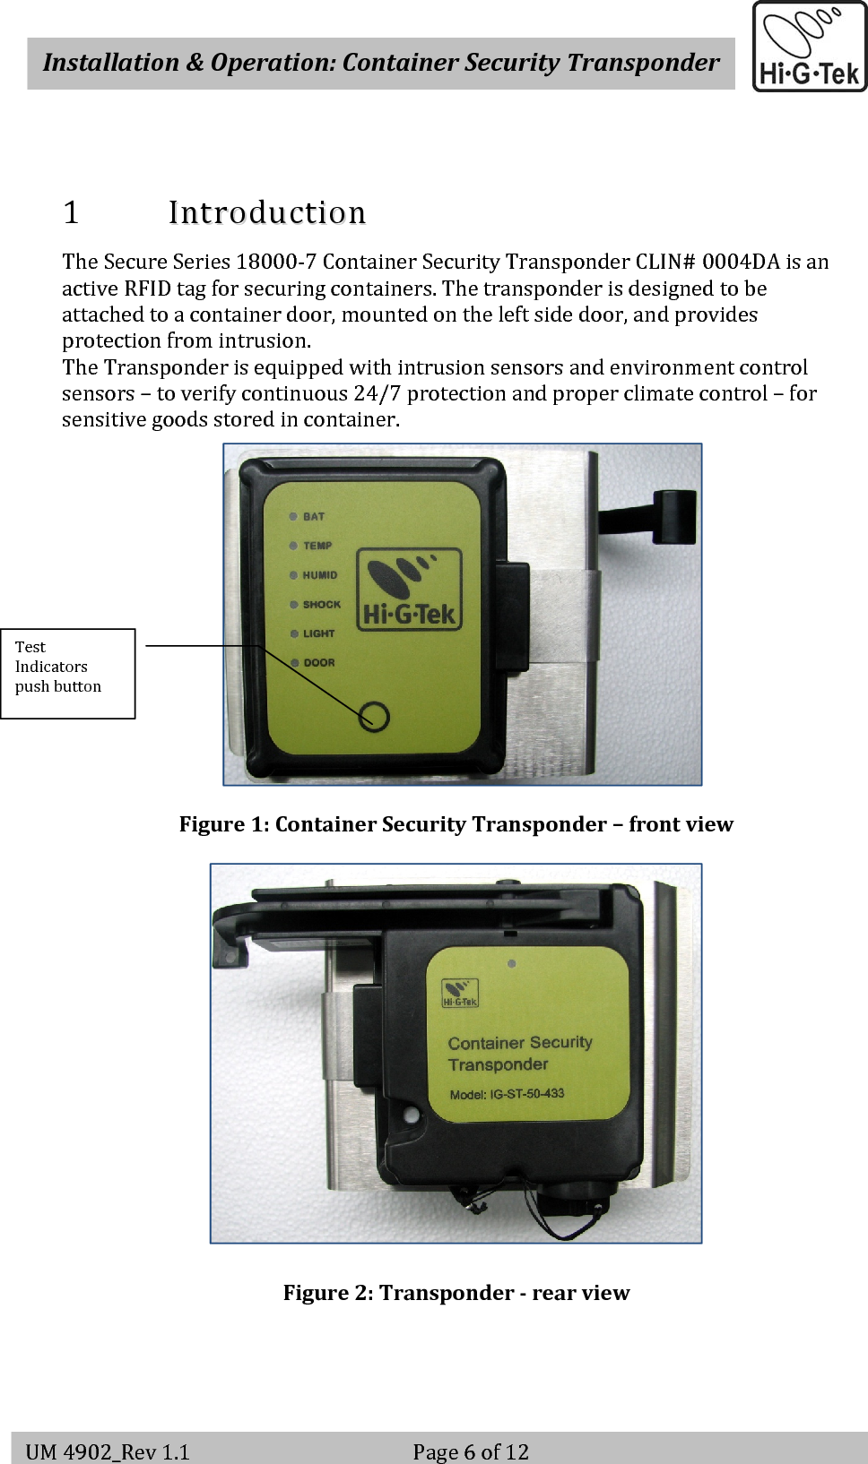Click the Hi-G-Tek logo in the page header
click(x=809, y=47)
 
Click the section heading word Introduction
click(x=267, y=213)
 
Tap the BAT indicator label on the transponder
click(x=314, y=517)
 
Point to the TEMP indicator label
click(x=317, y=546)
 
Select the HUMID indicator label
click(x=320, y=575)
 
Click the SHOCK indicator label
click(x=322, y=605)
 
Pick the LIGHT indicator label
click(x=318, y=633)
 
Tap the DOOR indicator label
click(x=319, y=663)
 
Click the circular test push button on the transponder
click(x=374, y=717)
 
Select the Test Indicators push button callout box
click(x=67, y=673)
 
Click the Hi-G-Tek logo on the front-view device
click(x=410, y=590)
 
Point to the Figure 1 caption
click(x=456, y=824)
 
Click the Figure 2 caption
click(x=456, y=1293)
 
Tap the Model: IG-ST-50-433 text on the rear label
click(x=507, y=1094)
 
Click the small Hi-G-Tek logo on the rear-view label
click(x=460, y=993)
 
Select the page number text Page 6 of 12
click(x=471, y=1451)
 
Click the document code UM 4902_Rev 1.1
click(x=108, y=1451)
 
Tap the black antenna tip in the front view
click(x=674, y=516)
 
